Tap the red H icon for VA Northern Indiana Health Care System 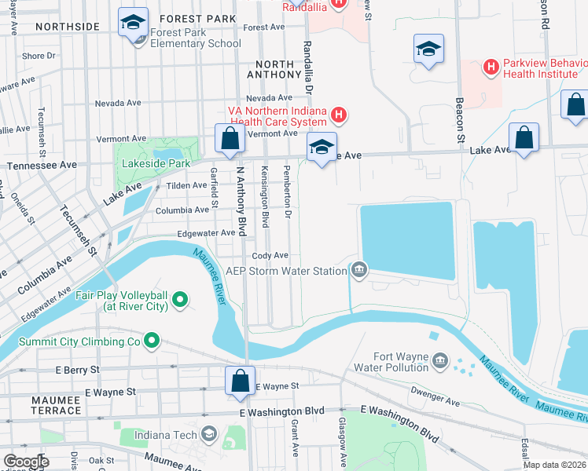coord(339,116)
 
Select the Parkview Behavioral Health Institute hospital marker coord(491,68)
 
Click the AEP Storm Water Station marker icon coord(359,271)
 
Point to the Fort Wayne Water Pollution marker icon coord(439,360)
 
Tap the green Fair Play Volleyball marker coord(180,298)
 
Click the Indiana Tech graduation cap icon coord(209,433)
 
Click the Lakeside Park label coord(156,163)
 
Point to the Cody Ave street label coord(270,256)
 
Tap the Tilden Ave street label coord(186,186)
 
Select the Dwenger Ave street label coord(436,400)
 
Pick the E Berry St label coord(77,369)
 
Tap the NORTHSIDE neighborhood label coord(66,27)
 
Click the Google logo coord(25,462)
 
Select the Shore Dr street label coord(39,56)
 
